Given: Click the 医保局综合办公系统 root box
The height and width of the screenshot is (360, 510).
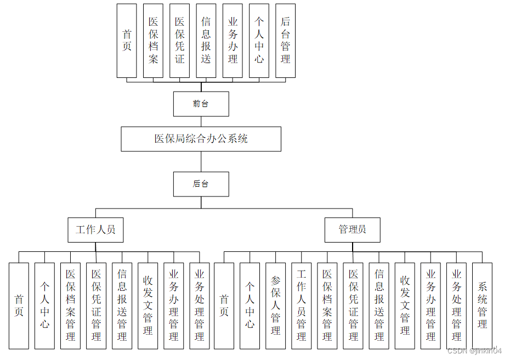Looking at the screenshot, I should coord(201,139).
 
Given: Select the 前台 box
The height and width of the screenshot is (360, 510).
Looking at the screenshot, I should coord(201,104).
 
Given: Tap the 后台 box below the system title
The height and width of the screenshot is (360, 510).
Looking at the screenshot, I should coord(201,184).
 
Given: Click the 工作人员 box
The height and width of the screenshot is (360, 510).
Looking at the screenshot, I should coord(95,230).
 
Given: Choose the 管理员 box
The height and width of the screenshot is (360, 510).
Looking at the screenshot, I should coord(353,230).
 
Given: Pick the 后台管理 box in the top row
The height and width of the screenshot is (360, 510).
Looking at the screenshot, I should coord(285,41).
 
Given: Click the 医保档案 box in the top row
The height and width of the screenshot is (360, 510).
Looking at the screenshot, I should coord(153,41).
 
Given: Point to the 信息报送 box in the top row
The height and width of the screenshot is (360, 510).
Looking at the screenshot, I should coord(206,41).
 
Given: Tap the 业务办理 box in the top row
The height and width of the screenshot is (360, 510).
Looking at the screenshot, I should coord(233,41).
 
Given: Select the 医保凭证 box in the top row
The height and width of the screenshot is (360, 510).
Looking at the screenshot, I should coord(179,41).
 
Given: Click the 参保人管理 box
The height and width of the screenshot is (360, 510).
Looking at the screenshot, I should coord(275,306).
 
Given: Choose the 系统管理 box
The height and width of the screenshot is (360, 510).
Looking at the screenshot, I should coord(482,306).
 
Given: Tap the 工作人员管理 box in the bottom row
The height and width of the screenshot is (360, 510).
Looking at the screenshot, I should coord(301,306).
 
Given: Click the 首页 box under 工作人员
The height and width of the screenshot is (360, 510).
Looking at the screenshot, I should coord(19,306).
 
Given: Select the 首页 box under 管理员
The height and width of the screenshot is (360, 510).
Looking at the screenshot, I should coord(224,306).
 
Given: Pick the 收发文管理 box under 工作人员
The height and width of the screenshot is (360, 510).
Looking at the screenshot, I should coord(148,306).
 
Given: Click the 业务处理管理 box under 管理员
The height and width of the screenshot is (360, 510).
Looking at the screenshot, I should coord(456,306).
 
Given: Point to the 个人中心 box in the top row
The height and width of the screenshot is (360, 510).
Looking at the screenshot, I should coord(259,41).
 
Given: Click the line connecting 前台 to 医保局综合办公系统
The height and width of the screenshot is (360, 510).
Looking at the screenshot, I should coord(201,121).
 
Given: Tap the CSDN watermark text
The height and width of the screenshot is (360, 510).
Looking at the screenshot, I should coord(474,351).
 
